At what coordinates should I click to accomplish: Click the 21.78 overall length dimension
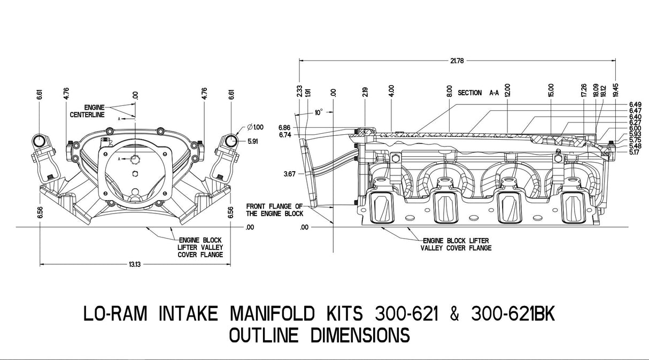(457, 61)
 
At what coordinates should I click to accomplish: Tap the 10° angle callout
(319, 113)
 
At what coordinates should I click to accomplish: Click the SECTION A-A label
(478, 93)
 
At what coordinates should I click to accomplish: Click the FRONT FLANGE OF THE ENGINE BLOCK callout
(274, 210)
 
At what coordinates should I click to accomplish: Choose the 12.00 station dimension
(507, 89)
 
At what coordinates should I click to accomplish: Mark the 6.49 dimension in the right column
(635, 104)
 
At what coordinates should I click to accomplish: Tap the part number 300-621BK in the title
(514, 314)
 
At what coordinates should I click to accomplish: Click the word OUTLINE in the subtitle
(264, 335)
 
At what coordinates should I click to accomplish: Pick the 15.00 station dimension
(551, 89)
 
